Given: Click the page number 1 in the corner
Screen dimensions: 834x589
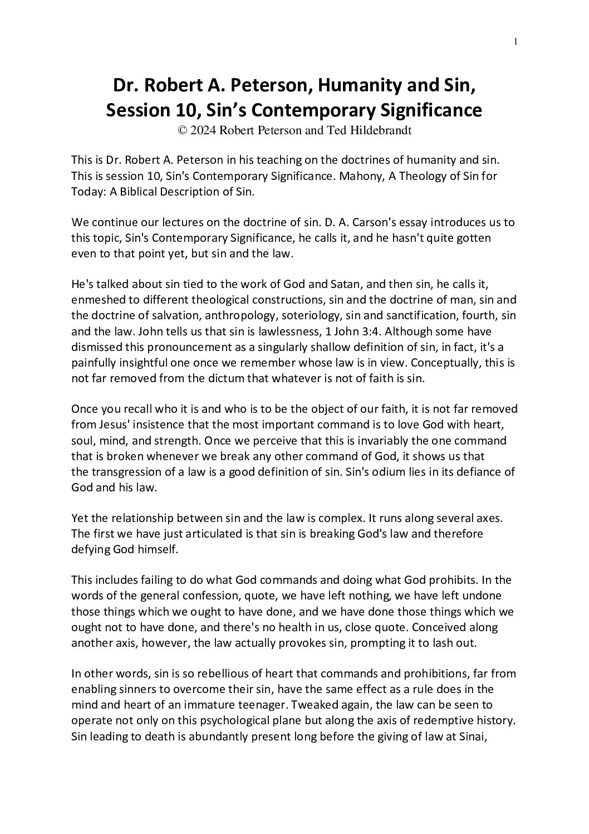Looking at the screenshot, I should [517, 41].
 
